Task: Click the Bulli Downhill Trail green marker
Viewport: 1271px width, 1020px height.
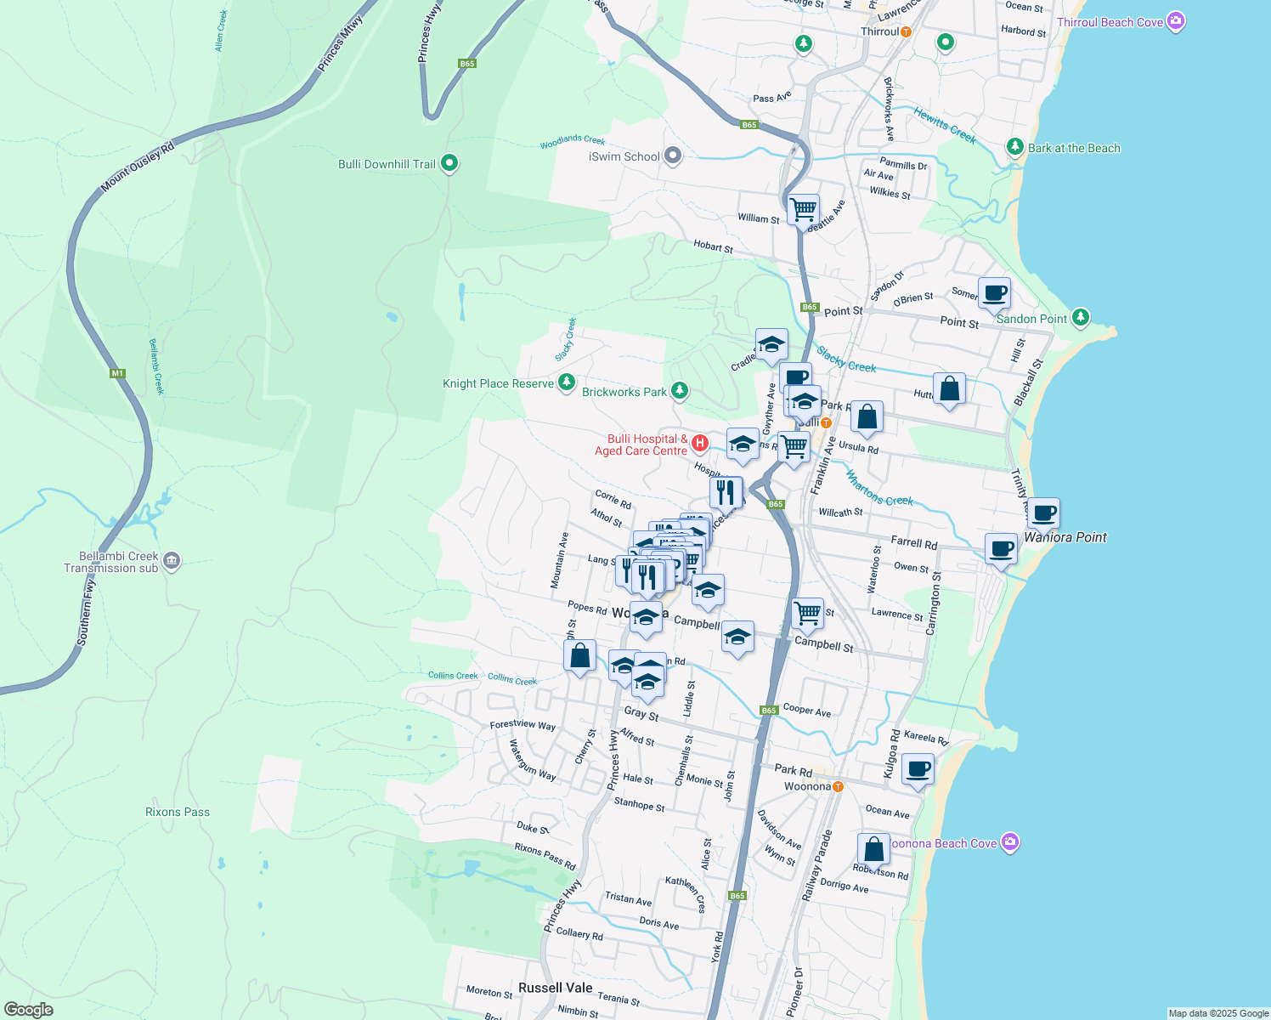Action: click(x=449, y=163)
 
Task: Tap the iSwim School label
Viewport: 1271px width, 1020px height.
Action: click(x=624, y=156)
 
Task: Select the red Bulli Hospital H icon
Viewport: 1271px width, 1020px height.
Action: click(x=700, y=443)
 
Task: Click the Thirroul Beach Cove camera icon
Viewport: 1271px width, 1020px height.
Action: click(x=1176, y=21)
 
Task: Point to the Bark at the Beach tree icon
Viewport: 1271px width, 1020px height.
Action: click(x=1014, y=147)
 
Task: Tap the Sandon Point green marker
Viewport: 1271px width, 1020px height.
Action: click(x=1080, y=318)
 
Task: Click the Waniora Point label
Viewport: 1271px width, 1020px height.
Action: click(x=1065, y=537)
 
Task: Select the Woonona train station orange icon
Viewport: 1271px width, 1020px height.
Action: click(x=838, y=786)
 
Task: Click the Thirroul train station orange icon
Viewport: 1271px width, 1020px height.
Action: click(x=906, y=32)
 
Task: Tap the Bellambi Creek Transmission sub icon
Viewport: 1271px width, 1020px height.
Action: click(x=172, y=561)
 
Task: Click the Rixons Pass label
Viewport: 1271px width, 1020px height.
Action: click(x=177, y=812)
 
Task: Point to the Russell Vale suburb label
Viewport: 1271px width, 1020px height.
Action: click(x=555, y=988)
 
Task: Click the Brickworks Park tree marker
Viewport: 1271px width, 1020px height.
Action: click(x=679, y=391)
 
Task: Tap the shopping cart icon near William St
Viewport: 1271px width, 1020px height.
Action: click(x=802, y=208)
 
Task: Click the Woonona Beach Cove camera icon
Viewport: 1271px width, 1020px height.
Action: click(x=1009, y=842)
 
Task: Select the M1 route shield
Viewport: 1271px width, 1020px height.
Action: click(x=117, y=373)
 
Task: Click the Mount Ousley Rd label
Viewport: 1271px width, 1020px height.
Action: click(x=138, y=167)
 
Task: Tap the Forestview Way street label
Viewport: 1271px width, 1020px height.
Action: click(x=523, y=725)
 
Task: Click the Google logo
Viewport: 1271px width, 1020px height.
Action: click(x=28, y=1010)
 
